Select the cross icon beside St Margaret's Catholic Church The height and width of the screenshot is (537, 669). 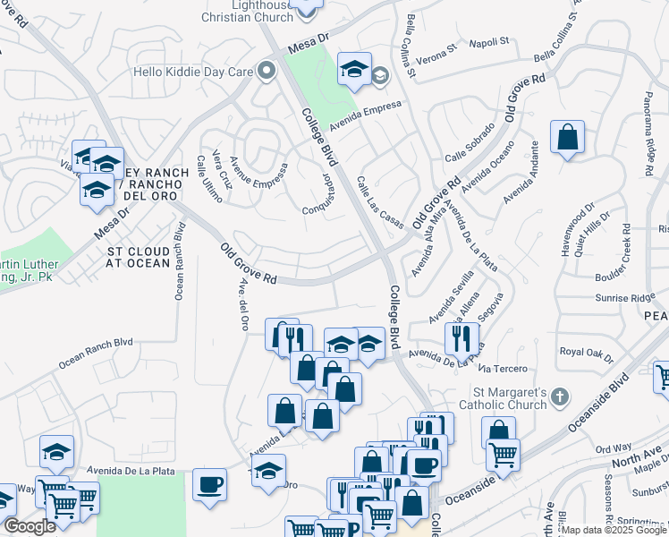pyautogui.click(x=559, y=396)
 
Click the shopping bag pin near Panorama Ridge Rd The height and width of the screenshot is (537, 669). pyautogui.click(x=567, y=138)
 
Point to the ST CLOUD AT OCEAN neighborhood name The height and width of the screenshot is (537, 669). pyautogui.click(x=139, y=256)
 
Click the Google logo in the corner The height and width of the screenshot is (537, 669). pyautogui.click(x=30, y=527)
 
